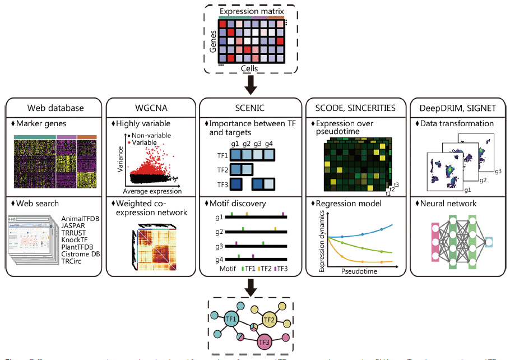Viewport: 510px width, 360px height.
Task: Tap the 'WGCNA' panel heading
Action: click(151, 108)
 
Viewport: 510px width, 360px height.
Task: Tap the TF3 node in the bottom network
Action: click(265, 341)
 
